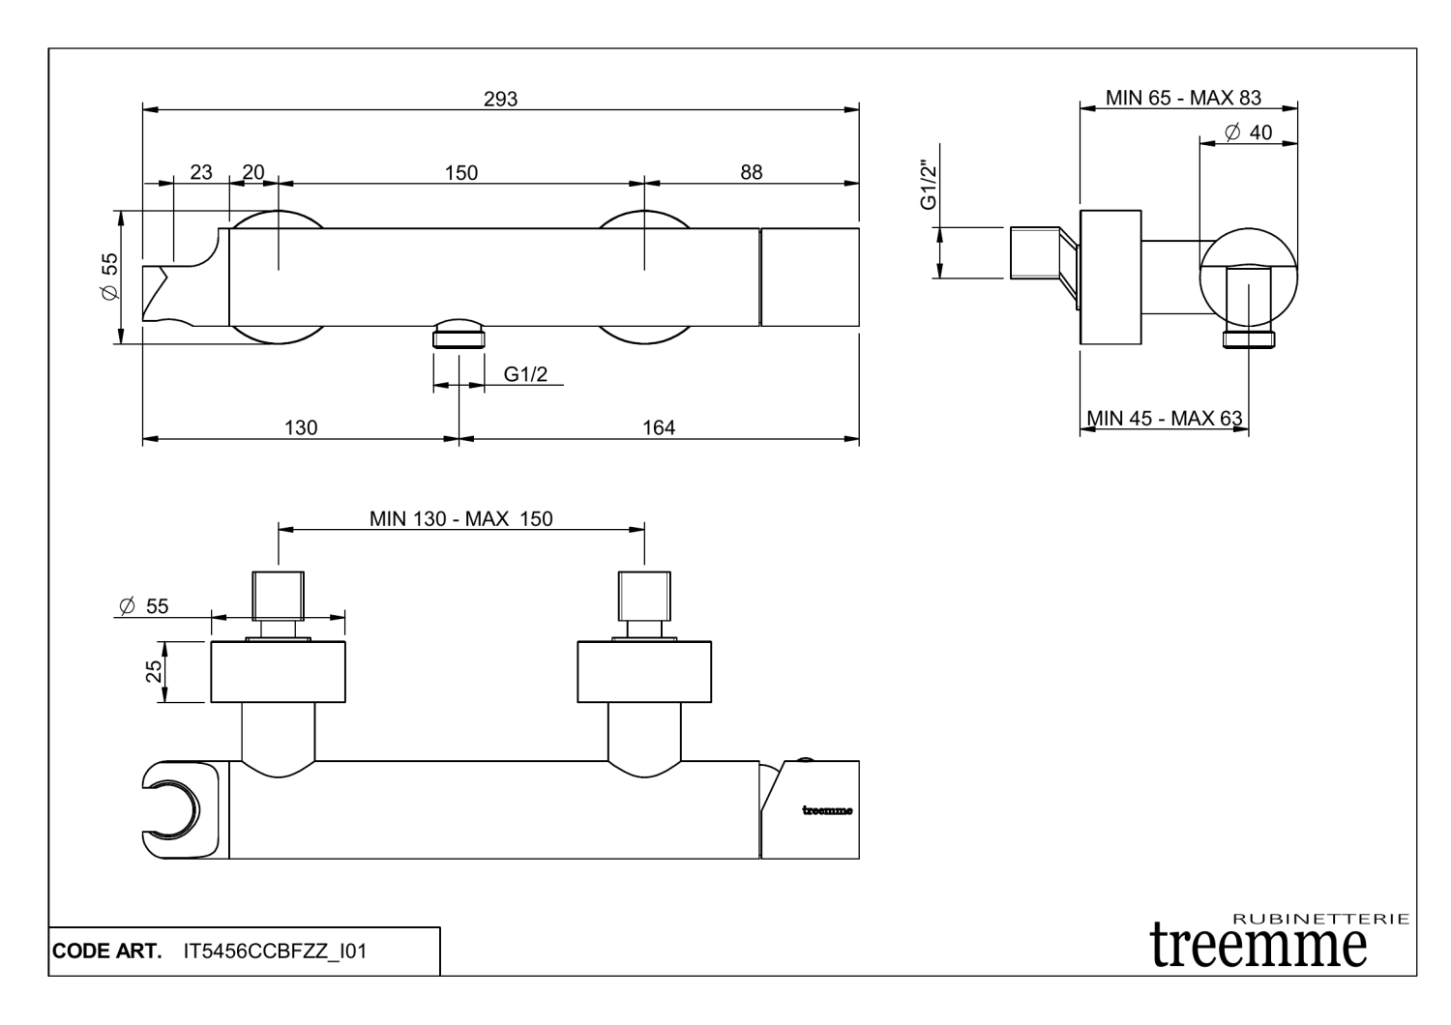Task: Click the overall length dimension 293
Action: coord(500,99)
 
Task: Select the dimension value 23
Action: coord(200,172)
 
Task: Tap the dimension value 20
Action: coord(252,172)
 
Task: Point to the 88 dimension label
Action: coord(751,172)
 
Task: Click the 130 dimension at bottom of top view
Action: coord(301,427)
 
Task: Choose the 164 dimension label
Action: coord(659,427)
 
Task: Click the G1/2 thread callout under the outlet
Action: coord(525,374)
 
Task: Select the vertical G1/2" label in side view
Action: coord(929,186)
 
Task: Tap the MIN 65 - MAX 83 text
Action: coord(1183,98)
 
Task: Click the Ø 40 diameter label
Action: coord(1248,132)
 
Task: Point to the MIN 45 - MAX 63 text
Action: coord(1164,418)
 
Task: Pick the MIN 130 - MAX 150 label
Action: coord(460,518)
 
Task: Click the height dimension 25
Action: coord(154,671)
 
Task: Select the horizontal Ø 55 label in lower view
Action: coord(142,606)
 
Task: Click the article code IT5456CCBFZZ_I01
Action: coord(275,952)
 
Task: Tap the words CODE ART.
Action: coord(106,952)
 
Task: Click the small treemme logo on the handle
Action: coord(827,810)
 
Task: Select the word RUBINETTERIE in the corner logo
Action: coord(1321,919)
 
